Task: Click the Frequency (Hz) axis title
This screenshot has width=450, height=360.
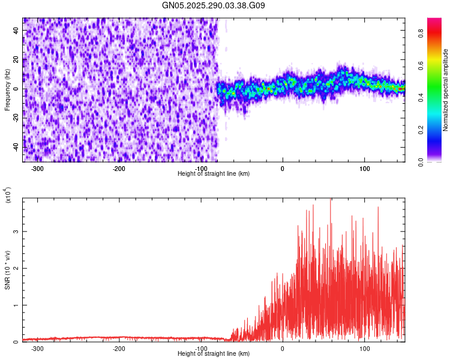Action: (7, 89)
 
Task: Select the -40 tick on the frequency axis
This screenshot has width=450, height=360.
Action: (16, 147)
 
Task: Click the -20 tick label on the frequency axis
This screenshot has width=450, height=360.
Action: (16, 118)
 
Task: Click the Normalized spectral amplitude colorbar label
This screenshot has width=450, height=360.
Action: (446, 89)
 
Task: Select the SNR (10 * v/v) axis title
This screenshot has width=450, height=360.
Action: (7, 271)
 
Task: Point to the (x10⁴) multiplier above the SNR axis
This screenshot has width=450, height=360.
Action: (7, 194)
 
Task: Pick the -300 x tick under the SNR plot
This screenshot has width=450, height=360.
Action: (37, 348)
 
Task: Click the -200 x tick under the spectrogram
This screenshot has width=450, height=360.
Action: (119, 169)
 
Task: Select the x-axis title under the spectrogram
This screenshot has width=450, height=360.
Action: (214, 174)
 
